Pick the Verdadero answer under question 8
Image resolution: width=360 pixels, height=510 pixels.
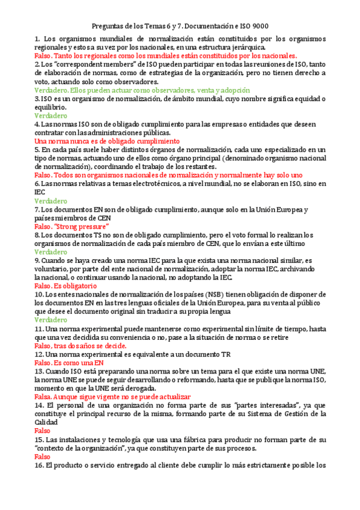point(50,252)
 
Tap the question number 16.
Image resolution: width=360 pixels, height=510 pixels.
point(38,465)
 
